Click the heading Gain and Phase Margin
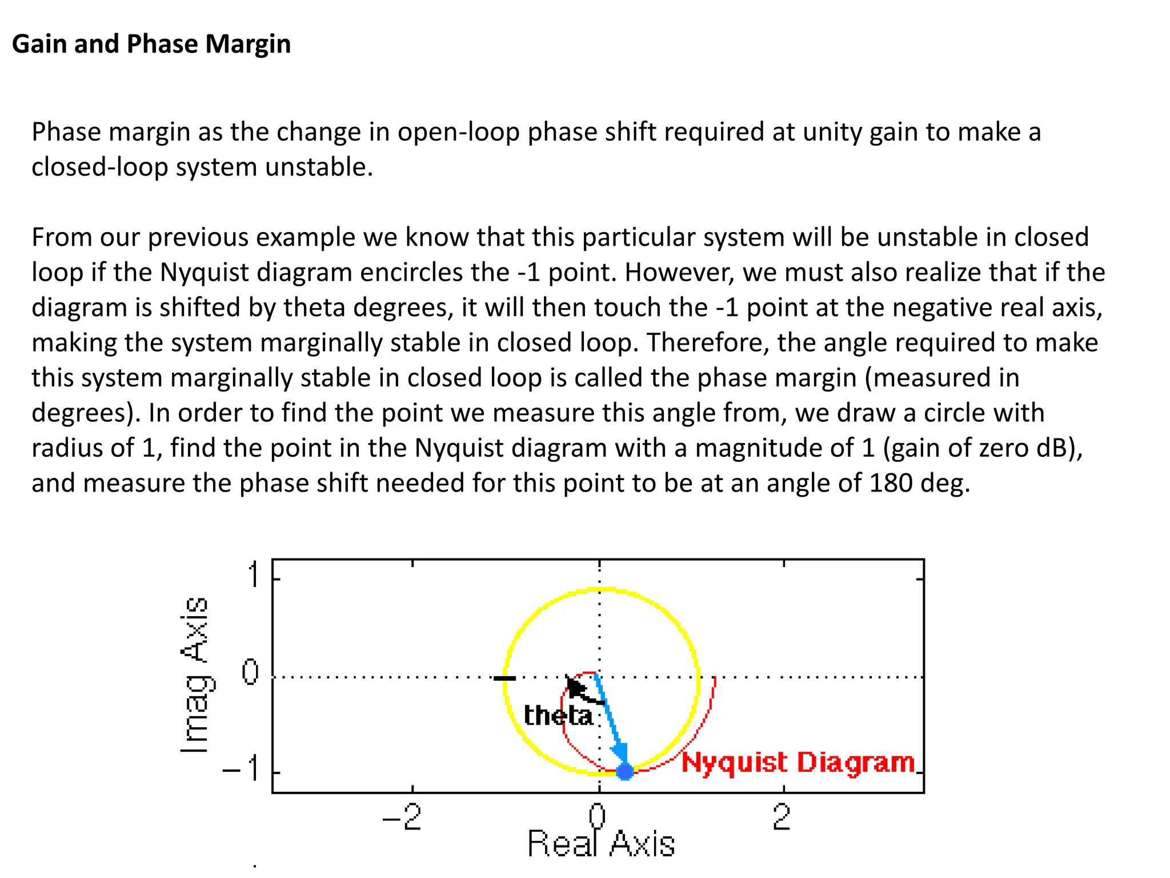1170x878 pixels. [151, 44]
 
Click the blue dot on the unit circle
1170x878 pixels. [625, 772]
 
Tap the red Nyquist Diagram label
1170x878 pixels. [798, 763]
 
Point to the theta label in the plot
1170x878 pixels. [558, 716]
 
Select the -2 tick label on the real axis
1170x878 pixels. [402, 817]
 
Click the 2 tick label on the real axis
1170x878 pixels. [782, 817]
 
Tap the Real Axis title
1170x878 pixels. [600, 844]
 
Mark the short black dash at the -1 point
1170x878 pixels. [504, 679]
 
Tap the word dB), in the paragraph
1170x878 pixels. [1059, 448]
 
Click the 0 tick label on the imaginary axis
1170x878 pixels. [250, 672]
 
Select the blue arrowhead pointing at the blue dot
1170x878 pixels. [620, 753]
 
